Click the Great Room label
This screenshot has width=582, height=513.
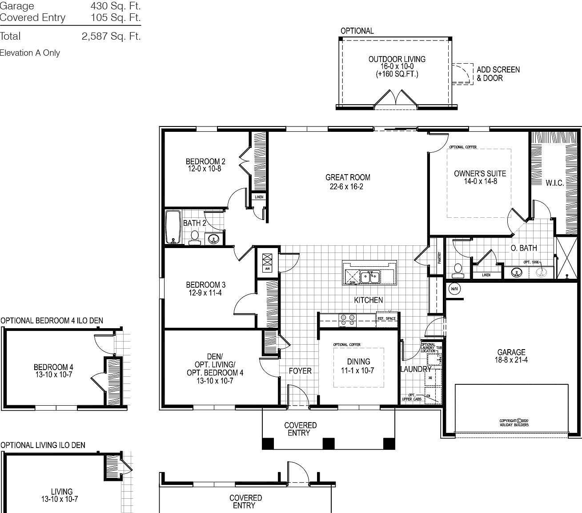click(x=347, y=177)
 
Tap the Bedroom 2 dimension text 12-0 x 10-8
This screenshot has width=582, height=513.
click(x=204, y=169)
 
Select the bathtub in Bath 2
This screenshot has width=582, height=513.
click(x=173, y=227)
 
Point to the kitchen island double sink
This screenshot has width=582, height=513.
click(x=369, y=277)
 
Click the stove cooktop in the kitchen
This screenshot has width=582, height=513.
click(x=347, y=320)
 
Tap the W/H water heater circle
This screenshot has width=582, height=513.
click(x=454, y=289)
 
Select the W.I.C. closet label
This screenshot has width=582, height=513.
click(x=554, y=183)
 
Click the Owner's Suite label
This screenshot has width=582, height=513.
click(x=480, y=173)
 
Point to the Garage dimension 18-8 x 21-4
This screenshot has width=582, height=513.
click(x=511, y=360)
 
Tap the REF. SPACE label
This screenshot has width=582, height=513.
click(x=386, y=318)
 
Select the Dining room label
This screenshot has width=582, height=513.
click(x=358, y=361)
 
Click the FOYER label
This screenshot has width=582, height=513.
click(x=300, y=371)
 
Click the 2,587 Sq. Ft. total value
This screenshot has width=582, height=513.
click(x=111, y=37)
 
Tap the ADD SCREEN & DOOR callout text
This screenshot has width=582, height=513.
click(x=498, y=73)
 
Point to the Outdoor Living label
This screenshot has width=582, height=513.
click(x=397, y=59)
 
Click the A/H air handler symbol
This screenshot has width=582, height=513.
click(x=267, y=261)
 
